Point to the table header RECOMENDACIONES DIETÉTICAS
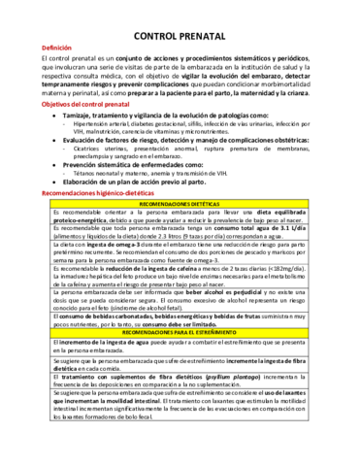[179, 206]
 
